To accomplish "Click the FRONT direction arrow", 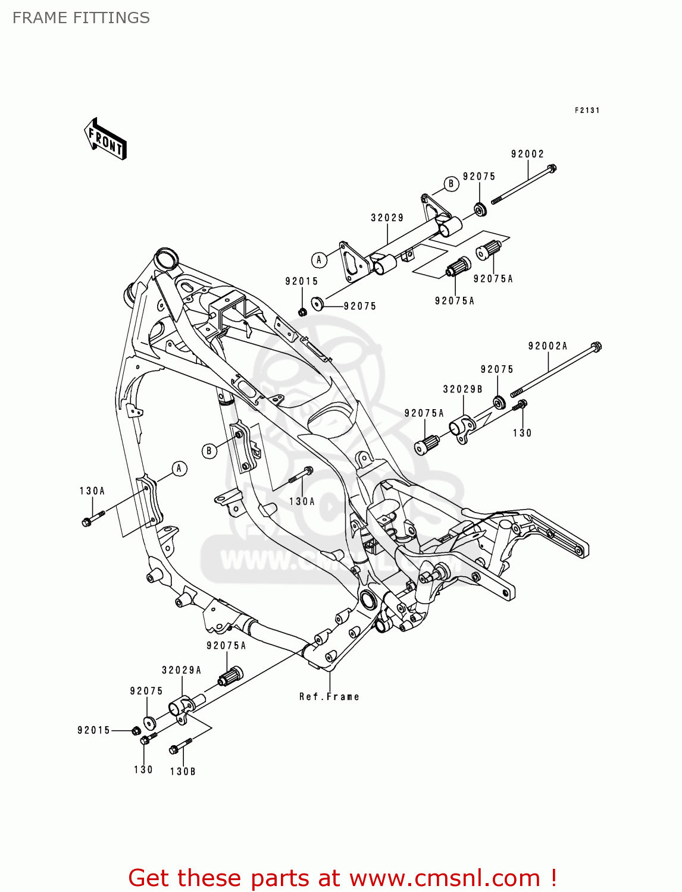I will (x=106, y=139).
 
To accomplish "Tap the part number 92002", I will (x=527, y=154).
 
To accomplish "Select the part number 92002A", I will (x=548, y=346).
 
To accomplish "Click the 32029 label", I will (x=387, y=218).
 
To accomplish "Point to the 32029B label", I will (x=462, y=390).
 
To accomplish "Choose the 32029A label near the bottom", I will (x=182, y=670).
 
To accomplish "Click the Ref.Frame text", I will (x=329, y=696).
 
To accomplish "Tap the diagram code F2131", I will (x=587, y=111).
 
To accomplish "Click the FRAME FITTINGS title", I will (x=81, y=18).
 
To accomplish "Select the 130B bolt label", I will (x=183, y=771).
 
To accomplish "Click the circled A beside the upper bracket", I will (x=319, y=260).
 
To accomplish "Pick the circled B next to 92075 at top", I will (x=451, y=184).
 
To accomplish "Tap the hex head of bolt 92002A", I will (x=596, y=346).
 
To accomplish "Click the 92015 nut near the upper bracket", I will (x=302, y=312).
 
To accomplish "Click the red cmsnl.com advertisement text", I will (x=342, y=878).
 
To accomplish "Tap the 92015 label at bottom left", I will (x=94, y=730).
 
